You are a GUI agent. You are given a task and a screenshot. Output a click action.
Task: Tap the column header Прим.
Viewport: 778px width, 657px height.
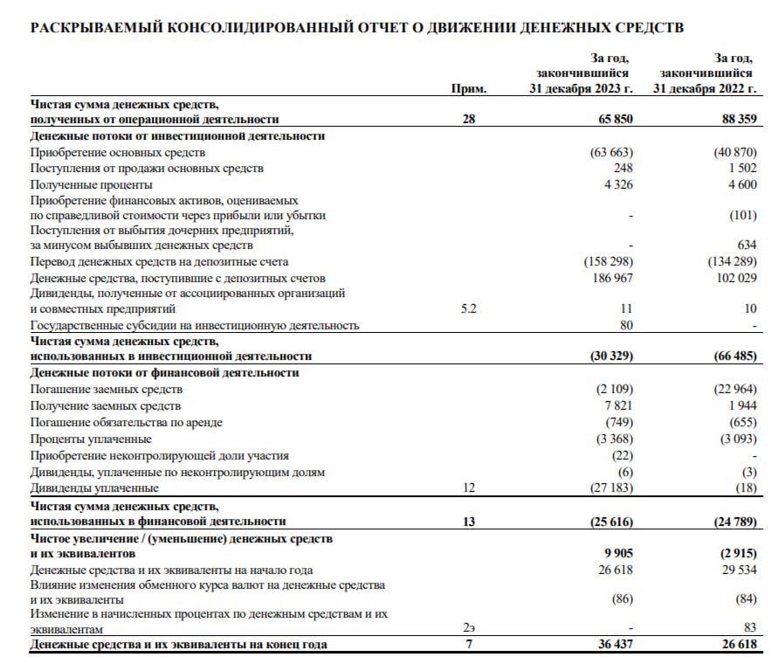coord(469,89)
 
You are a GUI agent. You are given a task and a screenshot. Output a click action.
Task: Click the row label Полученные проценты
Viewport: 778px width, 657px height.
coord(92,185)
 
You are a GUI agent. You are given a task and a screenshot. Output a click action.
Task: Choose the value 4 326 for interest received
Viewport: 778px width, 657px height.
coord(616,185)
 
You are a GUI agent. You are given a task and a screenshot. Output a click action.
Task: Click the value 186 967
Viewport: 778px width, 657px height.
coord(611,278)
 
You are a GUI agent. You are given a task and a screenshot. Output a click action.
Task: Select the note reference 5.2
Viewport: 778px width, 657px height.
coord(469,309)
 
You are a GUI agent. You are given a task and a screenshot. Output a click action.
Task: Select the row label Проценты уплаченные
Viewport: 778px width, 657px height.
coord(92,439)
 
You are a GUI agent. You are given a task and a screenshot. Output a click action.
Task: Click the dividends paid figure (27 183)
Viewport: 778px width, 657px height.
coord(609,488)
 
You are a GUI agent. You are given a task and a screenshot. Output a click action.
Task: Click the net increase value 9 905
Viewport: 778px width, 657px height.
coord(616,554)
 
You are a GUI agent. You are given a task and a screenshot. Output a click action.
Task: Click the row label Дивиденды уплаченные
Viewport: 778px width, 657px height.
coord(95,488)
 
